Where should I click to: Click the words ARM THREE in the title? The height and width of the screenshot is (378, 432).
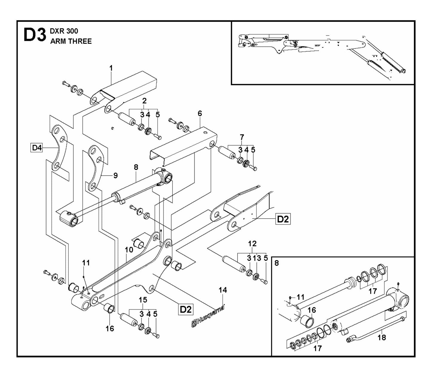pos(71,41)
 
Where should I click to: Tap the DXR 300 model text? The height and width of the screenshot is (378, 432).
pos(64,31)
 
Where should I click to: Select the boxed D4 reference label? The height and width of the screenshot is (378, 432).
pos(37,147)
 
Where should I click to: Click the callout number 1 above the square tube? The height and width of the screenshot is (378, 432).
pos(111,68)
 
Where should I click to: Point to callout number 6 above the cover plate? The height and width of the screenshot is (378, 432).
pos(200,113)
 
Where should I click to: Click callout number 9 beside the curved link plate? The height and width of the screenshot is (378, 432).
pos(115,176)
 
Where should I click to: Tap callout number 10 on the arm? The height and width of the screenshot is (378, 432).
pos(129,249)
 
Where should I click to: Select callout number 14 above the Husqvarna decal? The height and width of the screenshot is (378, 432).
pos(223,290)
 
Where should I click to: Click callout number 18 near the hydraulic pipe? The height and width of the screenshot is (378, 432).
pos(382,337)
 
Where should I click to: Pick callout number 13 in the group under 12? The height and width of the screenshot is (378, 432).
pos(257,258)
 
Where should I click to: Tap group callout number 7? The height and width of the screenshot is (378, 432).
pos(242,137)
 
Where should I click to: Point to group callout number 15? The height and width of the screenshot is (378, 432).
pos(143,299)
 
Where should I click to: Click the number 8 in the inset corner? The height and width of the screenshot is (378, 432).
pos(277,263)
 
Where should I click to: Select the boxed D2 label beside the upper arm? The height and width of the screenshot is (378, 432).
pos(283,219)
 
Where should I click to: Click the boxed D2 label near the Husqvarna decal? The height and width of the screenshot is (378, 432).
pos(185,309)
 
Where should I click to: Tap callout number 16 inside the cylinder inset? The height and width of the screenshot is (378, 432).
pos(312,310)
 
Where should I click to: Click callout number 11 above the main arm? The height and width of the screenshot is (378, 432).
pos(86,263)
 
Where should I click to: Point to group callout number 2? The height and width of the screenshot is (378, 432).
pos(144,101)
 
